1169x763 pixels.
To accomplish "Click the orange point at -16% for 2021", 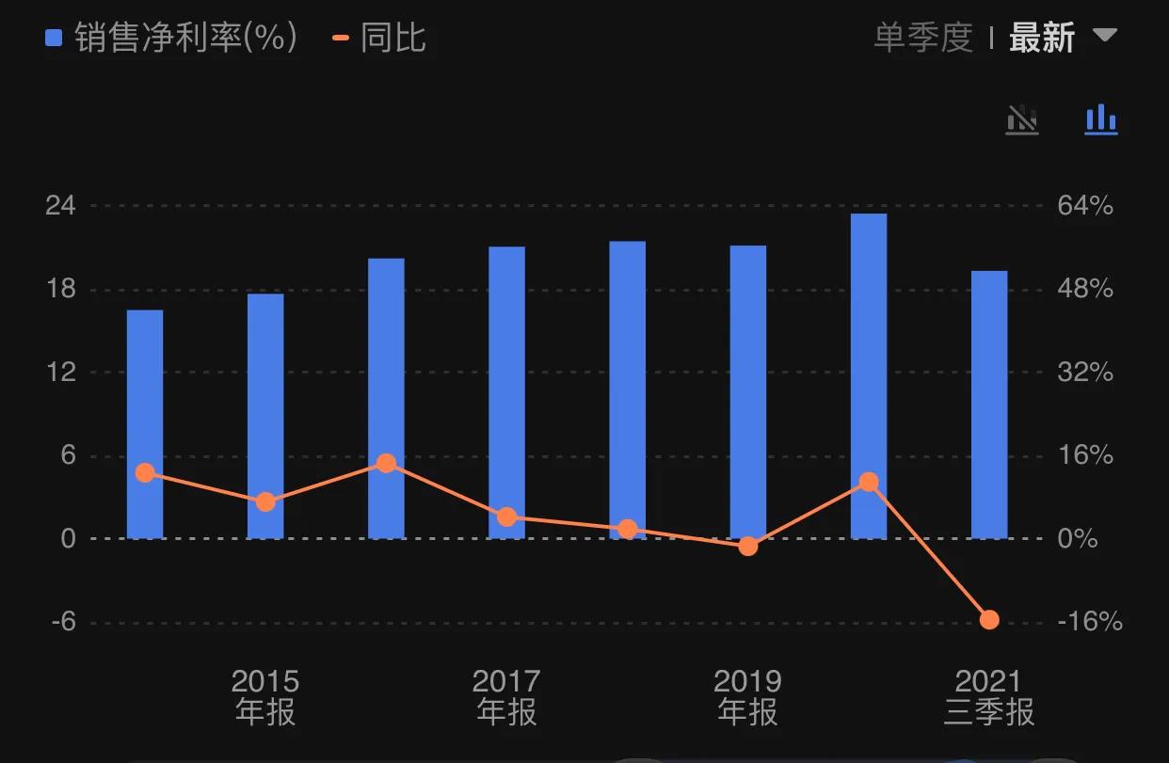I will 989,619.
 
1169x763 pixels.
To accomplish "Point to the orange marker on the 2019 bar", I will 748,546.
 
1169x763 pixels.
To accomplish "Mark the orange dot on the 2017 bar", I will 506,517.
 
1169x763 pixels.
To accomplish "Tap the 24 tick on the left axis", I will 60,205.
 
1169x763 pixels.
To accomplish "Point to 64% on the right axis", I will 1085,205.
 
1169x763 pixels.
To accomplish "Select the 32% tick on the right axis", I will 1085,373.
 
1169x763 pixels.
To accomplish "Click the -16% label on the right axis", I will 1089,622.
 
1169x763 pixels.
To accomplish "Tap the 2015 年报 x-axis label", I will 265,696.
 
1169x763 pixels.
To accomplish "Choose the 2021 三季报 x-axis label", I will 989,696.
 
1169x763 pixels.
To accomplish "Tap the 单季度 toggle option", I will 922,39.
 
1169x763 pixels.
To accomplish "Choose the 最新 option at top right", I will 1042,39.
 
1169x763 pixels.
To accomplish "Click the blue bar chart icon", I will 1100,119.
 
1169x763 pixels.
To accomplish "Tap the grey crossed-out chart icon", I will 1022,119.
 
